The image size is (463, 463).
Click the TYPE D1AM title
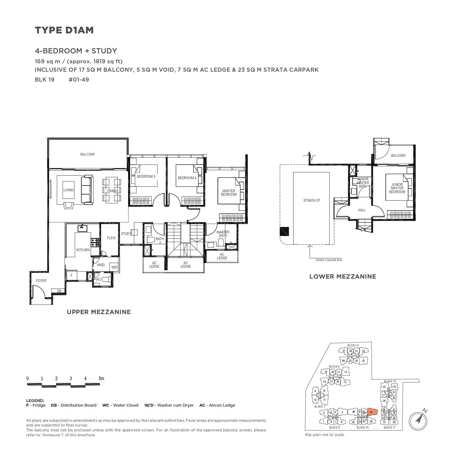pos(64,30)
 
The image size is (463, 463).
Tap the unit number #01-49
pos(79,80)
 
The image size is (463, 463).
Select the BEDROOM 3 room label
pos(146,176)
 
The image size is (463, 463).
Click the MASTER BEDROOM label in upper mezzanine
pos(229,193)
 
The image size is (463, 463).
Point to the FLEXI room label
pos(111,238)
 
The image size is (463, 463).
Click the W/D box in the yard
pos(114,267)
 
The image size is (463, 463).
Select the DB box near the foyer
pos(59,291)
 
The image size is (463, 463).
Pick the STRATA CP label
pos(311,201)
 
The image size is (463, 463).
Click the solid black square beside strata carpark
pos(284,231)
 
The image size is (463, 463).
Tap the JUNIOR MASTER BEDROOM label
pos(397,188)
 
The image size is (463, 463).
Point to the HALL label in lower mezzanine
pos(362,210)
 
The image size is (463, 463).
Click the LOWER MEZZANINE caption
pos(342,277)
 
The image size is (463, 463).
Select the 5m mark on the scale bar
pos(101,379)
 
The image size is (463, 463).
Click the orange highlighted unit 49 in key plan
pos(372,412)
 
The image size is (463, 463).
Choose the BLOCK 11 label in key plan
pos(353,345)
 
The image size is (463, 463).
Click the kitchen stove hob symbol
pos(95,240)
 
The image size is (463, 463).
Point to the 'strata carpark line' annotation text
pos(329,260)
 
